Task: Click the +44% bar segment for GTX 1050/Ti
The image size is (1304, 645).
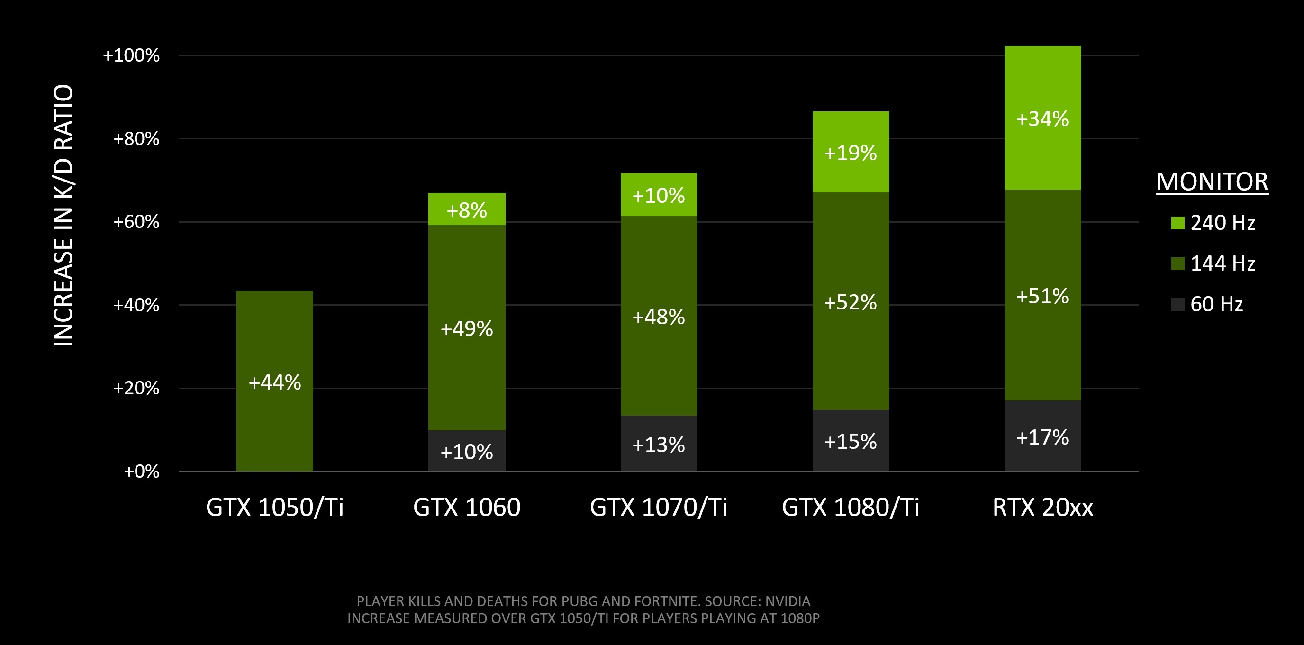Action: (274, 382)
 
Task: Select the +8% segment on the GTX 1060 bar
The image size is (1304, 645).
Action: (466, 209)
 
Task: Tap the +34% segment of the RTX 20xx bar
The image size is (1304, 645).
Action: (1042, 118)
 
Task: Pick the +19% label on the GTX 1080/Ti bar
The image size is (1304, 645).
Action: (851, 153)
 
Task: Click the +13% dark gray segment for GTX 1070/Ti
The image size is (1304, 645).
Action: (658, 444)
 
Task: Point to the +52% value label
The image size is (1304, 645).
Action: (851, 302)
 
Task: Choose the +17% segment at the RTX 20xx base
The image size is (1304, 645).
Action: (1042, 436)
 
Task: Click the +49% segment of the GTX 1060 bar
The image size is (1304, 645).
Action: (466, 328)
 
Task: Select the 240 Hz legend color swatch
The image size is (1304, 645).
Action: (1177, 223)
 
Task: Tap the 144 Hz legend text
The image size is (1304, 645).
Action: (1222, 263)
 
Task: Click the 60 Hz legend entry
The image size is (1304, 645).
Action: (1216, 304)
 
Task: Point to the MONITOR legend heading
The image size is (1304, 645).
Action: (1212, 181)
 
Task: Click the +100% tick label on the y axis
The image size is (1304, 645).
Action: (131, 55)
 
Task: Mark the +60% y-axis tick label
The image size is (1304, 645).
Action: (136, 222)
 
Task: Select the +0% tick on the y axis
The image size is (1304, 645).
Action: (141, 472)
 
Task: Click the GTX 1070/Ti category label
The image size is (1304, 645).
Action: (658, 507)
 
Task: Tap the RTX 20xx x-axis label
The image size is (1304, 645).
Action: (1042, 507)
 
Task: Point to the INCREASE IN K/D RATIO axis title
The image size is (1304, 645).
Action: (64, 215)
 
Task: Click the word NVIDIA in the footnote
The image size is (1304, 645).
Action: (787, 601)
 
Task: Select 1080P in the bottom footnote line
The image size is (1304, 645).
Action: (799, 618)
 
